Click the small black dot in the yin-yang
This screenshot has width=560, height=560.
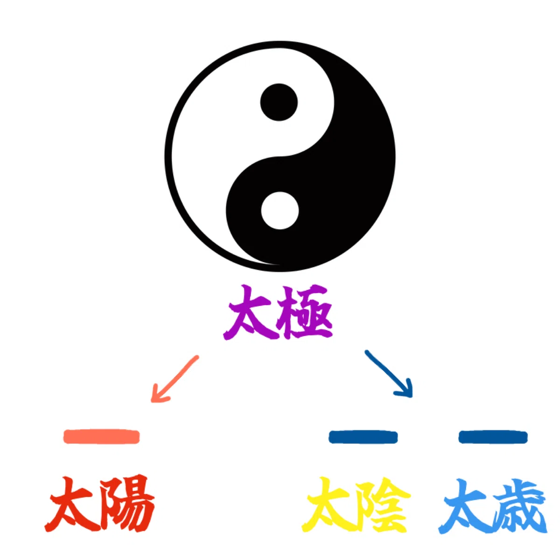279,102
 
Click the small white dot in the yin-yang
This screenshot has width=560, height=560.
280,210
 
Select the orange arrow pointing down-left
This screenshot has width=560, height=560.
175,378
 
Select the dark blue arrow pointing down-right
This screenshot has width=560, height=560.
389,374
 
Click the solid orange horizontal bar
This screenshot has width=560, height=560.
101,437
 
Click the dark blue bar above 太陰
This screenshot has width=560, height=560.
363,438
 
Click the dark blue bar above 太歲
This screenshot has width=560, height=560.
493,438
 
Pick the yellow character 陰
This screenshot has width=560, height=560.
383,505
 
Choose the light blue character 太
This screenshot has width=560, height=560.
466,506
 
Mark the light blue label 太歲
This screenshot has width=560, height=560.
493,506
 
